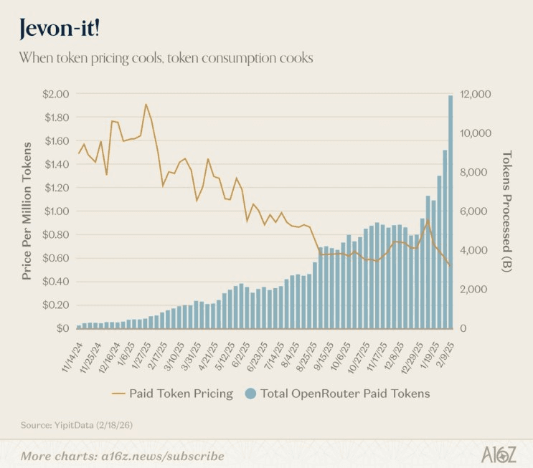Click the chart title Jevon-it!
coord(60,28)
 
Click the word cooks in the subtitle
coord(296,58)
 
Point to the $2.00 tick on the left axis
coord(56,94)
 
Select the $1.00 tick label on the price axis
coord(57,211)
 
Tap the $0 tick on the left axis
coord(63,328)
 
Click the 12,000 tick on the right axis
coord(476,94)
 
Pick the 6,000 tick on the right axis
coord(473,211)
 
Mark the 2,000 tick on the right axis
coord(473,290)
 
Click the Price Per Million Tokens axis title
coord(27,211)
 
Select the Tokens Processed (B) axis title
coord(507,211)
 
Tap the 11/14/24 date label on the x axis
coord(72,358)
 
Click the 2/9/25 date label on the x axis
coord(446,355)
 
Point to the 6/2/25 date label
coord(241,355)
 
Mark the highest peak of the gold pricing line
coord(146,104)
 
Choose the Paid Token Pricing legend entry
coord(173,393)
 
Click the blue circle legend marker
coord(250,393)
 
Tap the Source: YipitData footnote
coord(77,425)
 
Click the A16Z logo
coord(499,454)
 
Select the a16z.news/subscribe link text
coord(163,456)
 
